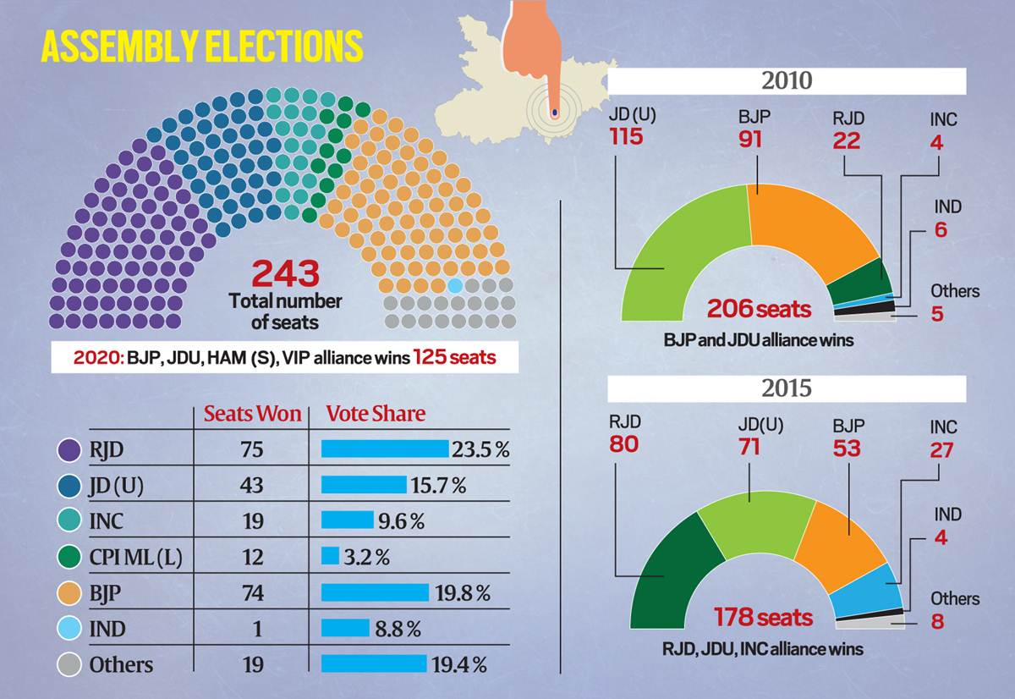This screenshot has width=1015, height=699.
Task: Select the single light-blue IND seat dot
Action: [x=455, y=285]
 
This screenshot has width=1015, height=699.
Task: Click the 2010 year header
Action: [x=787, y=82]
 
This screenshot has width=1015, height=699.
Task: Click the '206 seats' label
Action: [x=759, y=309]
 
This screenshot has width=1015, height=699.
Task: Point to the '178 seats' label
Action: [x=763, y=617]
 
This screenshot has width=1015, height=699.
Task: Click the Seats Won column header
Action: [x=252, y=414]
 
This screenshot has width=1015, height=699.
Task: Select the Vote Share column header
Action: [x=376, y=414]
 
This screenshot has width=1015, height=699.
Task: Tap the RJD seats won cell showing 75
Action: [x=251, y=450]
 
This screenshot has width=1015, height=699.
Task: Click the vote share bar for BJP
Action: [x=376, y=592]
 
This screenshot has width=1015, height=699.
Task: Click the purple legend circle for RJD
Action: [x=68, y=450]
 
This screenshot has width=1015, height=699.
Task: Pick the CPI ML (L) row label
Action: [x=135, y=557]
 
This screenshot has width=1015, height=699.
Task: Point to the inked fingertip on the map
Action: [x=554, y=112]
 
